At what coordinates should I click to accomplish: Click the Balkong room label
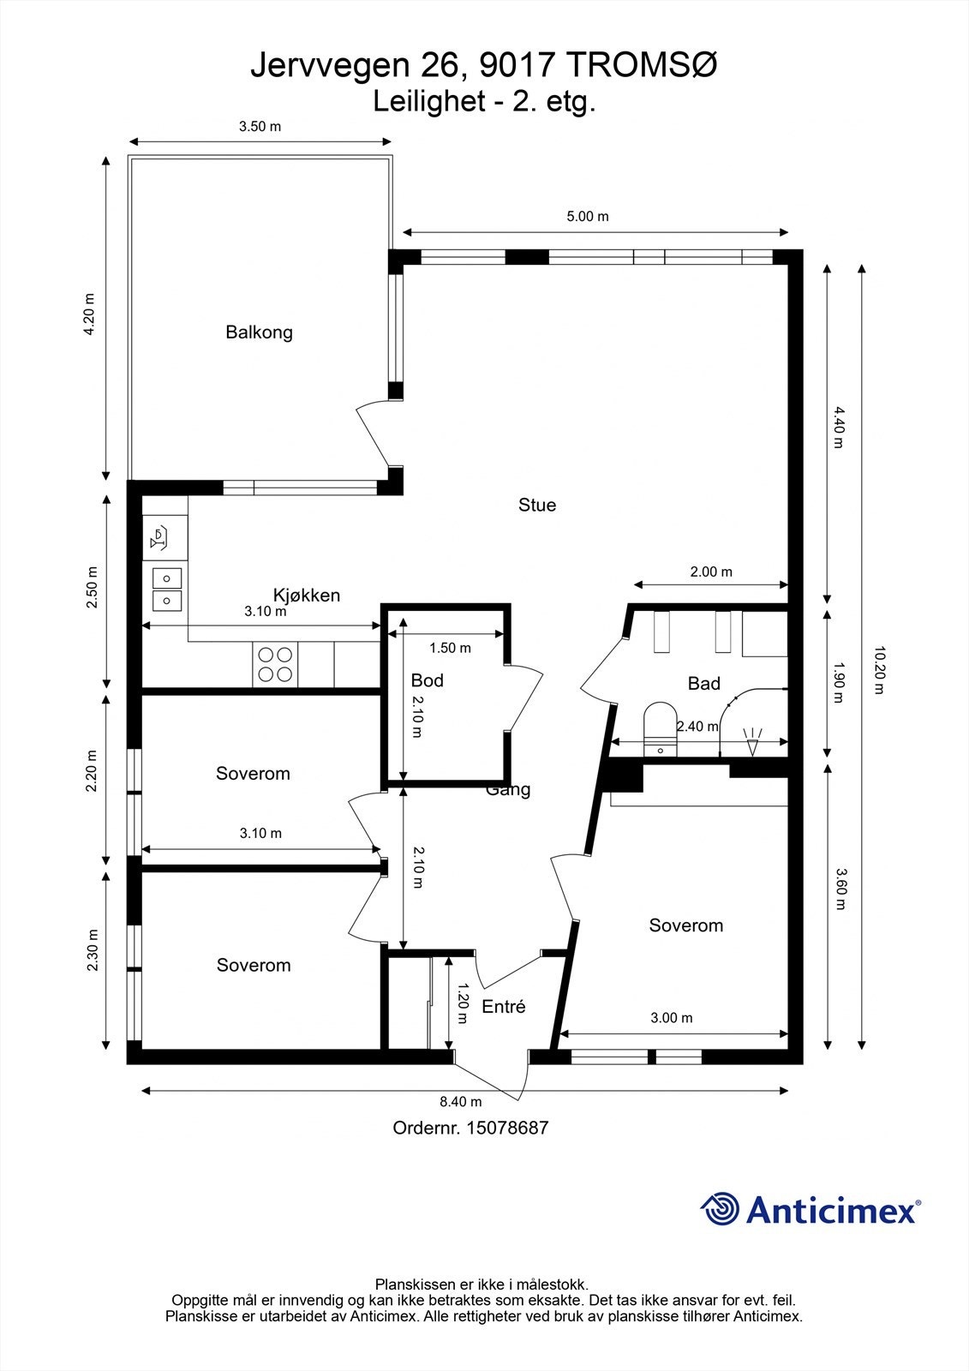[259, 332]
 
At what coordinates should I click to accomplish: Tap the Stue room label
[537, 505]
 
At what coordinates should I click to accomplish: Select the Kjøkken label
[307, 595]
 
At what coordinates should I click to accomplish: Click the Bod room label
[427, 680]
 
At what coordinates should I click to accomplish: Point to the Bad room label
[703, 684]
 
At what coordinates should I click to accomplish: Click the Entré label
[503, 1007]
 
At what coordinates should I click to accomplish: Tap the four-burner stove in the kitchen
[275, 664]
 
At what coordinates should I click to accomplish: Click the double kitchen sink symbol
[167, 588]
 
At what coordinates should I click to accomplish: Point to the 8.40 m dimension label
[461, 1102]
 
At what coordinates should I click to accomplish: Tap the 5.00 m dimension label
[588, 217]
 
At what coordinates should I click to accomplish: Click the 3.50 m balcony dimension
[260, 127]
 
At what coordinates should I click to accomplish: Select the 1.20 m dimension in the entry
[463, 1003]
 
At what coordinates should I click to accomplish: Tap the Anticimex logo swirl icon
[720, 1209]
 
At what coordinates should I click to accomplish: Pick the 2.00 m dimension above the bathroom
[711, 572]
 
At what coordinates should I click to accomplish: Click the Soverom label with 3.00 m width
[685, 925]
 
